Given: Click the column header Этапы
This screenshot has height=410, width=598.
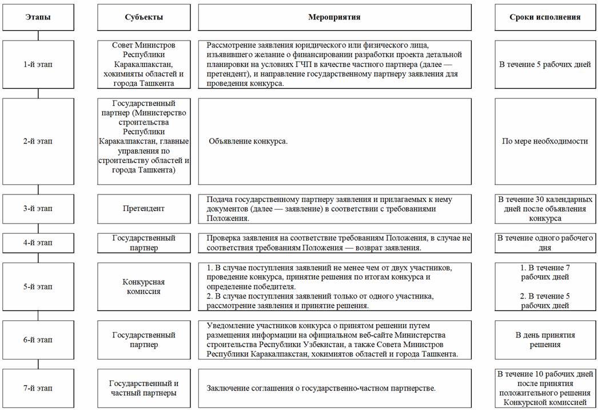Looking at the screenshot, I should point(38,17).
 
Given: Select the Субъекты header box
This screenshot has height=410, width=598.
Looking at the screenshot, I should point(143,17).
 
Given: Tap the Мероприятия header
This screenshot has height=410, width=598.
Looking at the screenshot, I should point(334,17).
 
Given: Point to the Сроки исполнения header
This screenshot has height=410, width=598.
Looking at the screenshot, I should point(544,17).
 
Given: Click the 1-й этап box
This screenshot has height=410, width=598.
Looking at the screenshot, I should point(38,65).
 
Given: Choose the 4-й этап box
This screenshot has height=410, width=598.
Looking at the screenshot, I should point(38,242).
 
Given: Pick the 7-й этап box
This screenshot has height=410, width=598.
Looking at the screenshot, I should point(38,388).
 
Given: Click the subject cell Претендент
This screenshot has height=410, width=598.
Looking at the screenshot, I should point(143,209).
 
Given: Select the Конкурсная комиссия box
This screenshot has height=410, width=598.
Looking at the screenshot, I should point(143,286).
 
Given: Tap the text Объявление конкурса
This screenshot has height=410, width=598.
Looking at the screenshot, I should point(248,141).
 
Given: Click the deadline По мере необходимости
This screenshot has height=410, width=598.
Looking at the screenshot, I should point(544,141).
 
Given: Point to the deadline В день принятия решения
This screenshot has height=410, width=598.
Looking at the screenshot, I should point(544,340).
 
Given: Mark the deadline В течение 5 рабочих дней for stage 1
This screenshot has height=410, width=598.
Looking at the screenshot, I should point(544,65).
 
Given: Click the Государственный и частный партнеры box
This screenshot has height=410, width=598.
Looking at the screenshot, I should point(143,388).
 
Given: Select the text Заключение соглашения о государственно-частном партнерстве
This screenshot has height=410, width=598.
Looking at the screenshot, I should point(321,388).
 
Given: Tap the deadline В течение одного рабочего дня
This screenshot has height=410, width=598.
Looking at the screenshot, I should point(544,242).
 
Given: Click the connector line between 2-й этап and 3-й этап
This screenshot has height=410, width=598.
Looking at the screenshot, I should point(38,189).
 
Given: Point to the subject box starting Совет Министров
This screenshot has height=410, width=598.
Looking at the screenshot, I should point(143,65).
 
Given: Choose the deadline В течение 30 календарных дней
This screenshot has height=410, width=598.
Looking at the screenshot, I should point(544,209).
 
